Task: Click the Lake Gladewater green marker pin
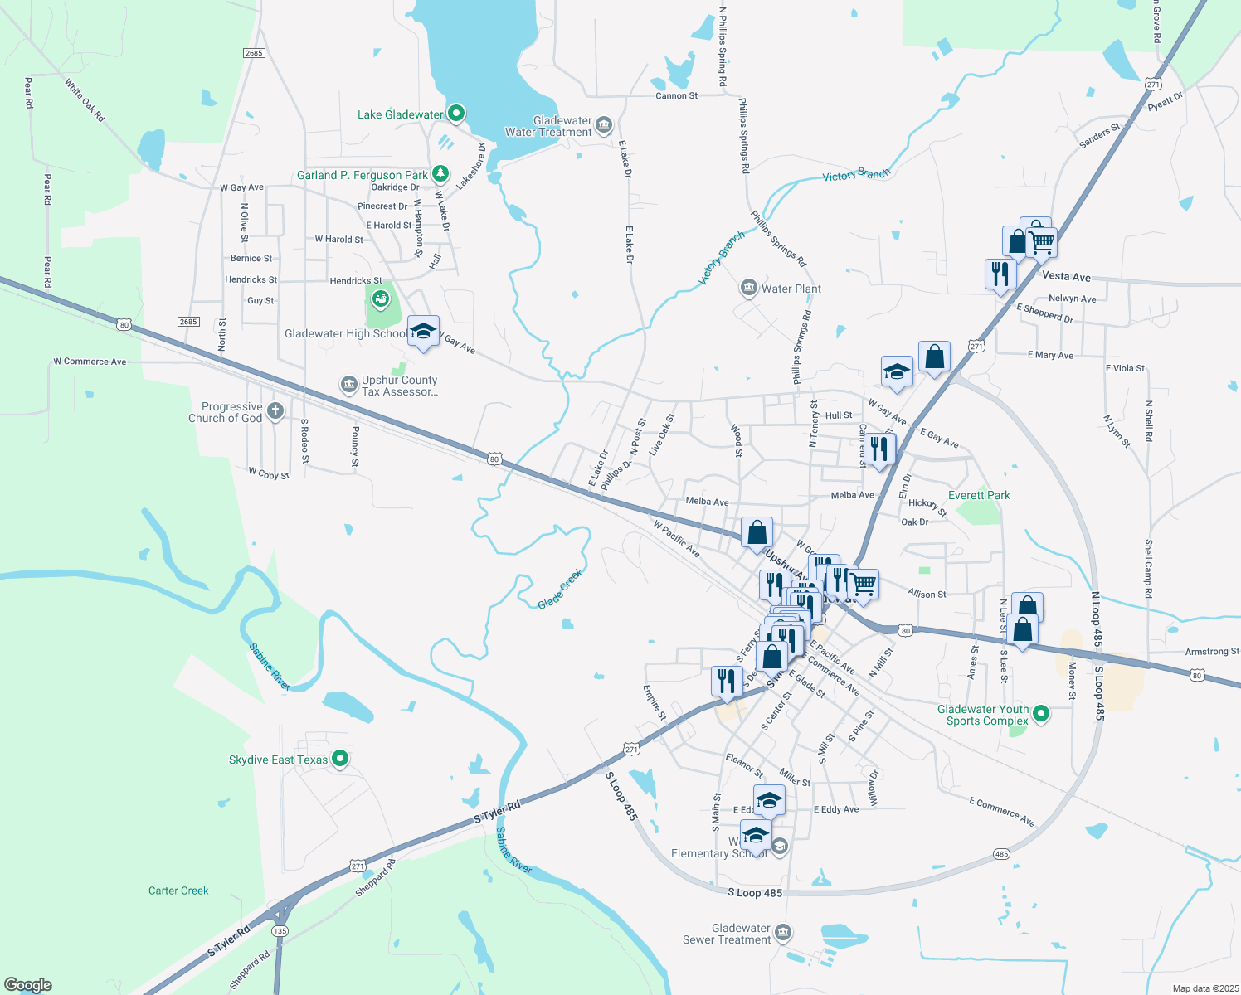point(455,114)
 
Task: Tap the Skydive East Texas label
point(279,760)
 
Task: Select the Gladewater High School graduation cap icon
point(423,332)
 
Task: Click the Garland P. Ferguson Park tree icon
point(440,174)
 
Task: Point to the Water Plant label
point(791,289)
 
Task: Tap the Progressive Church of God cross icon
point(275,410)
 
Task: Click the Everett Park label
point(979,495)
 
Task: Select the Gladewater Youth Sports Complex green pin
point(1041,713)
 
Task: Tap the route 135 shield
point(280,931)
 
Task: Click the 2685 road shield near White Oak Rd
point(254,53)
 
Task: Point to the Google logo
point(28,985)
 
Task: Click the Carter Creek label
point(178,891)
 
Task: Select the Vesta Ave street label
point(1066,277)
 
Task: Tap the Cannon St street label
point(676,96)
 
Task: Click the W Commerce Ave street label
point(90,362)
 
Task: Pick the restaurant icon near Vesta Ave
point(1000,273)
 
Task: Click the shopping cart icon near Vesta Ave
point(1041,243)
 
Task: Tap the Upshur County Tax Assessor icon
point(349,385)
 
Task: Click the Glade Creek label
point(561,590)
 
